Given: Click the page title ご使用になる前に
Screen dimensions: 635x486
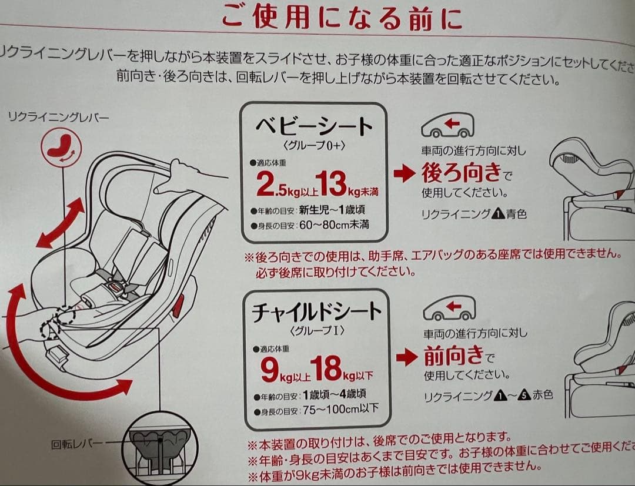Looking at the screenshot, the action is [342, 18].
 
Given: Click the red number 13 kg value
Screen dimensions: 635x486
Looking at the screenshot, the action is [331, 183].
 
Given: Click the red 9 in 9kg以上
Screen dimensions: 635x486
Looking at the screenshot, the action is [270, 370].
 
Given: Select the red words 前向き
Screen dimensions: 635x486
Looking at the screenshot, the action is [453, 355].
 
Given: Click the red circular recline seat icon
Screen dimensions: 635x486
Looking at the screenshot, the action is [62, 146].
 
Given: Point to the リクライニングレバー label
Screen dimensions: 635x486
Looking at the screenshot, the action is [58, 118].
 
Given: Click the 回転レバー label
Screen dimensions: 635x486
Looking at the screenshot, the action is [77, 444].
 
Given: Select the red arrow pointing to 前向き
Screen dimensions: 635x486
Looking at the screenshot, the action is [407, 357].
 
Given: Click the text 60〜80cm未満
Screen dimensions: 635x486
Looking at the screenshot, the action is [334, 224].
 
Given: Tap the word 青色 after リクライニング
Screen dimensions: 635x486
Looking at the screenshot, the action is [516, 213].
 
